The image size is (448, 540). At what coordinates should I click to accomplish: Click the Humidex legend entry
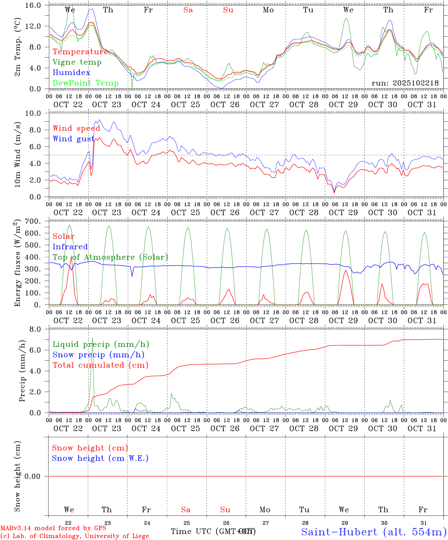(x=71, y=73)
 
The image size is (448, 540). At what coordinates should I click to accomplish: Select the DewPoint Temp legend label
(x=86, y=83)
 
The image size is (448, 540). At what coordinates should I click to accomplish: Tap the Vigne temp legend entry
(x=77, y=62)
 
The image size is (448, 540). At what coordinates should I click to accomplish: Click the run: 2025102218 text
(x=405, y=83)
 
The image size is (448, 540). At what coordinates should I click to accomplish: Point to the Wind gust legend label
(x=74, y=139)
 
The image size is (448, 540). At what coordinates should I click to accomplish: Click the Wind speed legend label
(x=77, y=129)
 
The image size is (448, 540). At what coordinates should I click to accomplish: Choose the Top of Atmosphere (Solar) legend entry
(x=110, y=257)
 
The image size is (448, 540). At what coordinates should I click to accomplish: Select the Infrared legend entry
(x=70, y=247)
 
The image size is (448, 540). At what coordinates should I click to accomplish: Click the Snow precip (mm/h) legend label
(x=98, y=355)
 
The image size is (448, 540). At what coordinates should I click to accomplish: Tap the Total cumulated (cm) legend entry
(x=100, y=365)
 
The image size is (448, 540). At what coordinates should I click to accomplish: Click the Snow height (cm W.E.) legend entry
(x=100, y=458)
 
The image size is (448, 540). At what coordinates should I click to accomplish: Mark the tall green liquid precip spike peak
(x=93, y=337)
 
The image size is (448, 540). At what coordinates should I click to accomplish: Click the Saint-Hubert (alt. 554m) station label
(x=374, y=532)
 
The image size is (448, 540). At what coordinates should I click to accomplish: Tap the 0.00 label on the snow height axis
(x=35, y=476)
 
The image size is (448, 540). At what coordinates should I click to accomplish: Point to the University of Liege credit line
(x=75, y=536)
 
